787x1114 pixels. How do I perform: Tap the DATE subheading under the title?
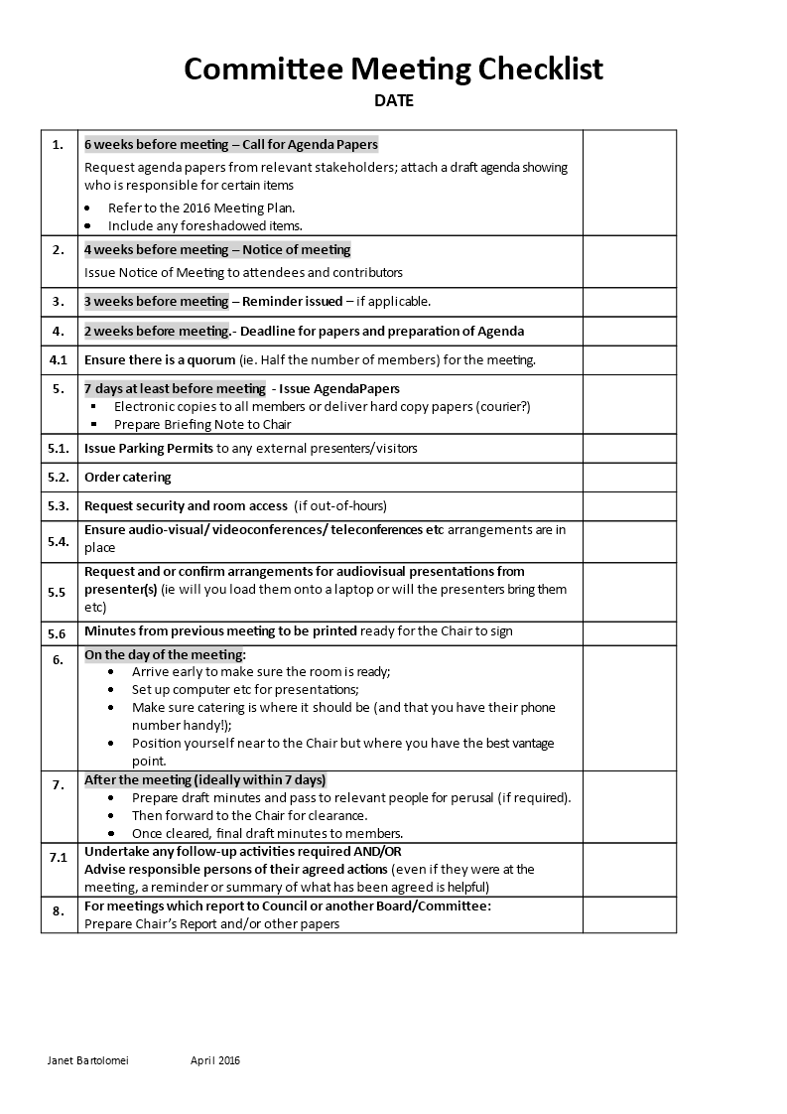pos(394,100)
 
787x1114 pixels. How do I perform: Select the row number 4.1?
pos(59,359)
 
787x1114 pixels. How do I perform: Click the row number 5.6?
pos(58,632)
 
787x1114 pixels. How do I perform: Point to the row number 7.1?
pos(59,856)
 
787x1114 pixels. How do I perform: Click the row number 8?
pos(59,909)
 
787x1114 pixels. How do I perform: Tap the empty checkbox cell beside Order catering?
pos(629,477)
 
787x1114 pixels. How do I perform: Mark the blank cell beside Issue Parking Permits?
pos(629,448)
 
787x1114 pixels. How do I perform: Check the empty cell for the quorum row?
pos(629,359)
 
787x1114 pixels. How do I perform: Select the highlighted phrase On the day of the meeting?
pos(163,654)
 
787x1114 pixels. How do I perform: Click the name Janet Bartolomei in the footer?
pos(88,1060)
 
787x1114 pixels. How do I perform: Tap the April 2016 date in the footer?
pos(215,1060)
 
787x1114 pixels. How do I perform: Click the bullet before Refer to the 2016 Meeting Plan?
pos(86,209)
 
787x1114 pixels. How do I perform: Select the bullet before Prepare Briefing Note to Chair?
pos(93,425)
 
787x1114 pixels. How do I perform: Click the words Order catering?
pos(127,477)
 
